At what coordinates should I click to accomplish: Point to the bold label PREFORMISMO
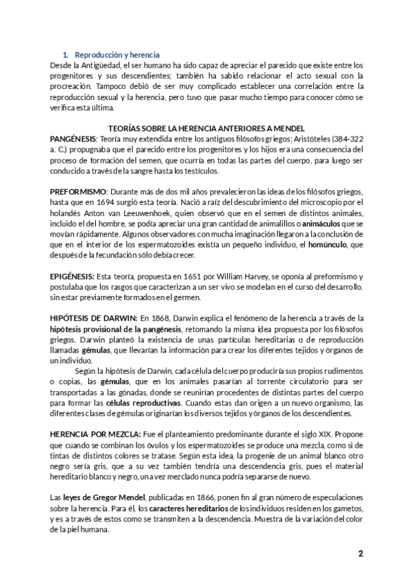pyautogui.click(x=78, y=190)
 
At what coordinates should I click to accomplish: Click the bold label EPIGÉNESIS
pyautogui.click(x=75, y=274)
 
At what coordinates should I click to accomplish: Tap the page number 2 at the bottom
pyautogui.click(x=360, y=554)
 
